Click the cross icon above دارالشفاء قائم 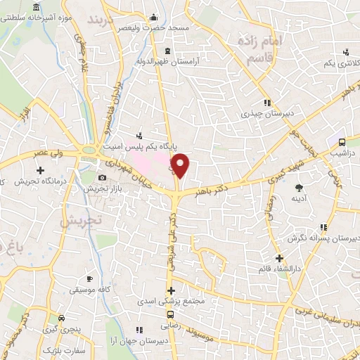point(280,257)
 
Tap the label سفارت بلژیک point(60,349)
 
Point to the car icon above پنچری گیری point(62,318)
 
